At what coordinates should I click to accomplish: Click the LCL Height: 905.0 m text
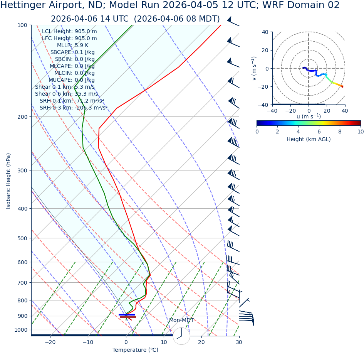click(69, 32)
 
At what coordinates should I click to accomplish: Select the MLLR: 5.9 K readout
click(72, 46)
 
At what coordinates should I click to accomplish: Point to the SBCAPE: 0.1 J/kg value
click(72, 52)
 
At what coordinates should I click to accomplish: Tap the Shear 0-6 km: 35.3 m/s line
click(66, 94)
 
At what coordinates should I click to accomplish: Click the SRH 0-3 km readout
click(73, 108)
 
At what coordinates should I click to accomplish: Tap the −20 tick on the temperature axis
click(50, 342)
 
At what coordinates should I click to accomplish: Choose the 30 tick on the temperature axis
click(239, 342)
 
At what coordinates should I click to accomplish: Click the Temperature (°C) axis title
click(135, 350)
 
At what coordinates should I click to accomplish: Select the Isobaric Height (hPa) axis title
click(9, 181)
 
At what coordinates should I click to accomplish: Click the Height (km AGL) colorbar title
click(309, 139)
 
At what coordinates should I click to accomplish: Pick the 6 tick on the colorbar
click(319, 132)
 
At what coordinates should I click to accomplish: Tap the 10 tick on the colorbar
click(360, 132)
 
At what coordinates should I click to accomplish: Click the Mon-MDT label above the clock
click(181, 321)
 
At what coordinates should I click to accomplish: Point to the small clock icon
click(181, 336)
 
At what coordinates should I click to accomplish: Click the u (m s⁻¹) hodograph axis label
click(309, 116)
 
